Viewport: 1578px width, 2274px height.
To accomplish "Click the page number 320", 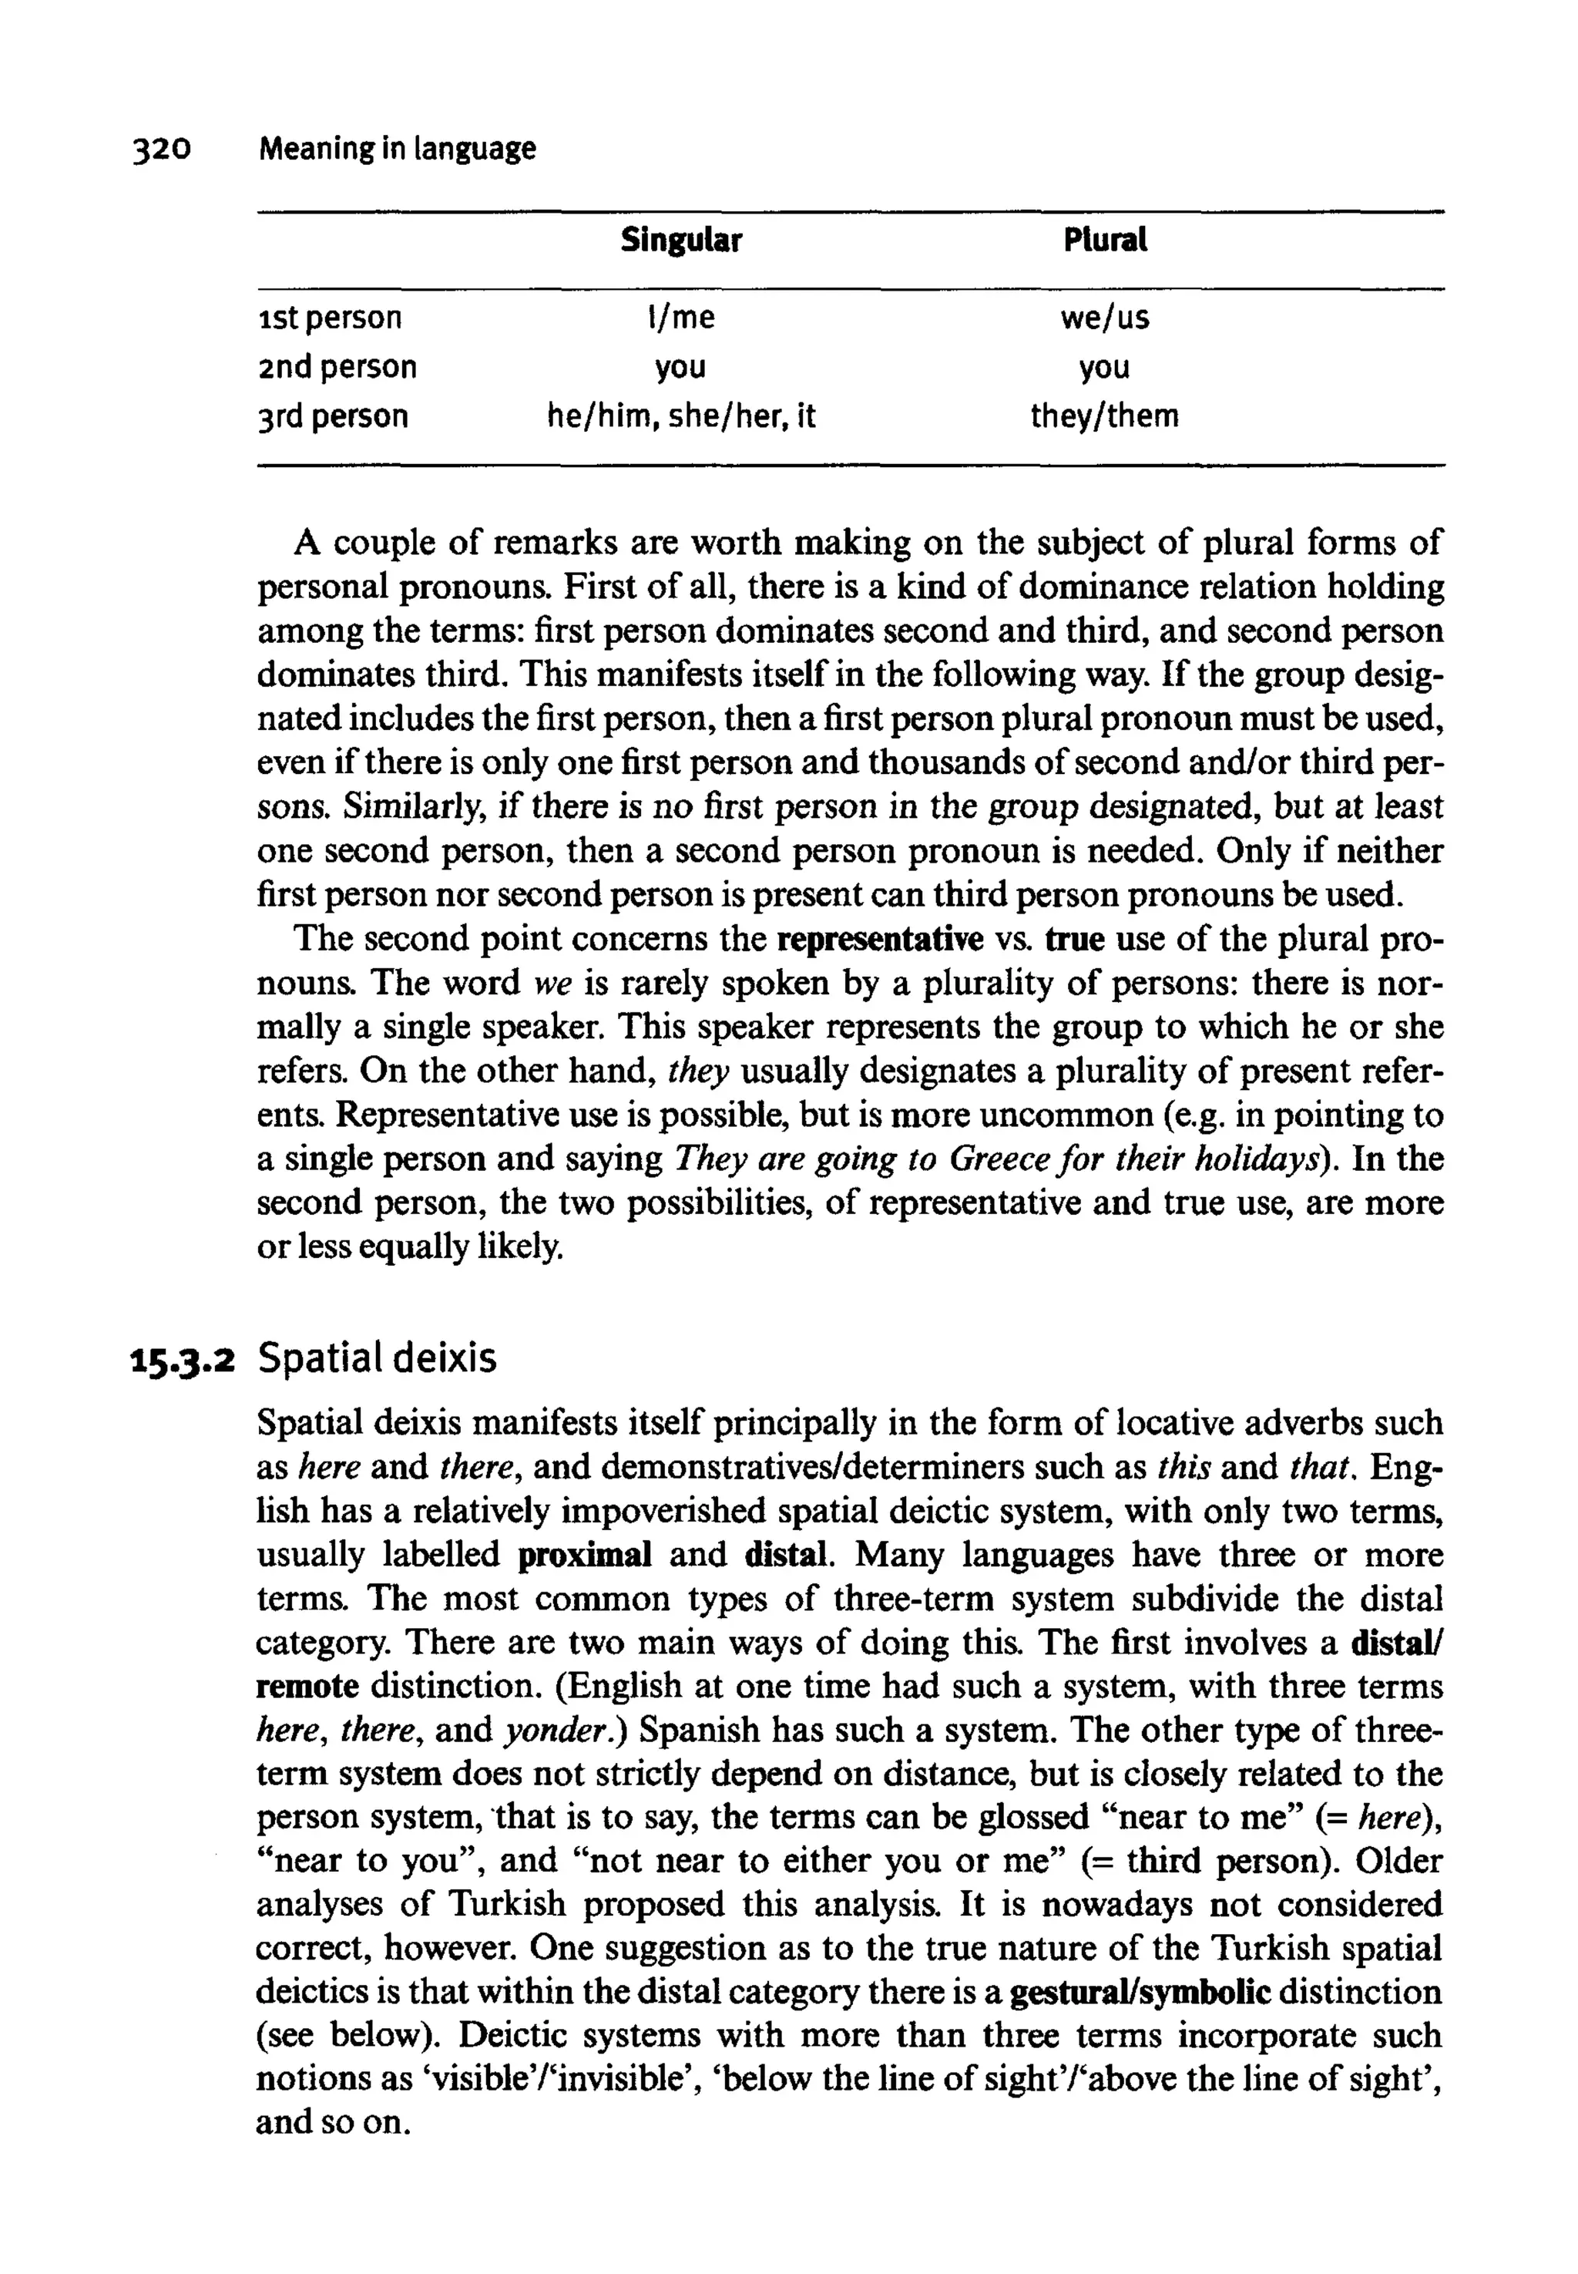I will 160,150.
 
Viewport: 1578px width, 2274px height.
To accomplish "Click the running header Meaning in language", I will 397,150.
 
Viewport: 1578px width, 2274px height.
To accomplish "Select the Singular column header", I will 680,241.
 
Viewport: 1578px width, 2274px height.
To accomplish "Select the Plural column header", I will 1104,241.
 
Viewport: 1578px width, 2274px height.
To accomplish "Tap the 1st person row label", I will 329,318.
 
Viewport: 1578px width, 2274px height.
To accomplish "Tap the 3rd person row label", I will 332,415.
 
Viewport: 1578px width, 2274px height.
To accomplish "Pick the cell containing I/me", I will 680,318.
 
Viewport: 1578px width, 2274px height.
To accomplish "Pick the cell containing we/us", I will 1104,318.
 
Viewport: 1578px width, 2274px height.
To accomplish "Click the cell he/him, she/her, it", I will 681,415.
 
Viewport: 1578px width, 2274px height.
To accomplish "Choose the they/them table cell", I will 1104,415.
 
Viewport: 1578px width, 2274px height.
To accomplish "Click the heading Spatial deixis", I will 377,1358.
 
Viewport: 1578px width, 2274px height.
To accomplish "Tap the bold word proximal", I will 584,1556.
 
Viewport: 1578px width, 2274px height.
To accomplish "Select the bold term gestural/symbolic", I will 1141,1992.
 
